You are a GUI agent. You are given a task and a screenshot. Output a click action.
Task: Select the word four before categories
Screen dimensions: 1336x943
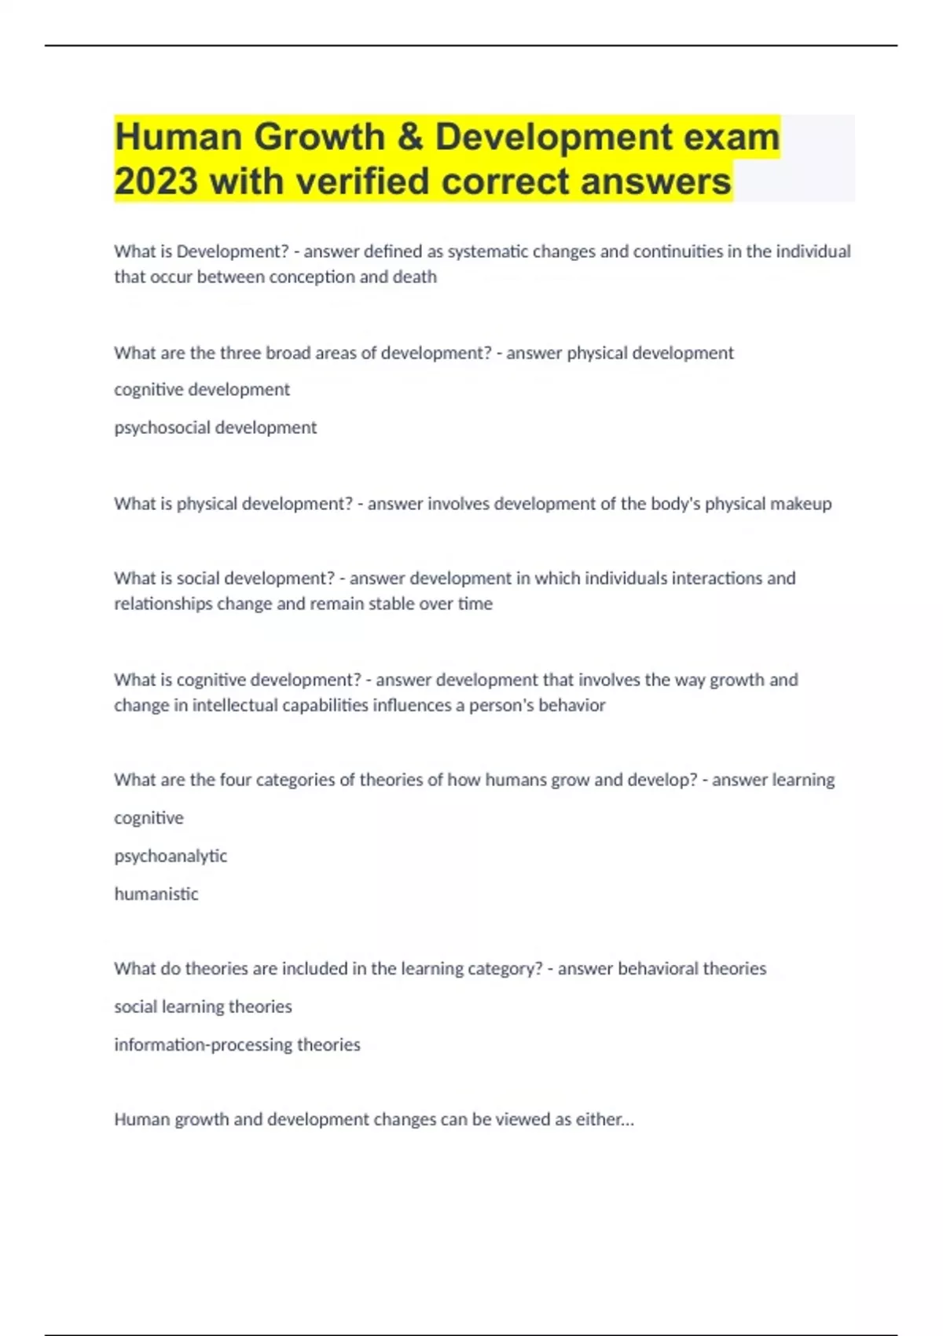[x=235, y=780]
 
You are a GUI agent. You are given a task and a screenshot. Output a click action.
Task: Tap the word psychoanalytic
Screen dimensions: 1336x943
[x=171, y=856]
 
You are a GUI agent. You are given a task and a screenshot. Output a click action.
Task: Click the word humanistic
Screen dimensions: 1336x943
[x=156, y=894]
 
